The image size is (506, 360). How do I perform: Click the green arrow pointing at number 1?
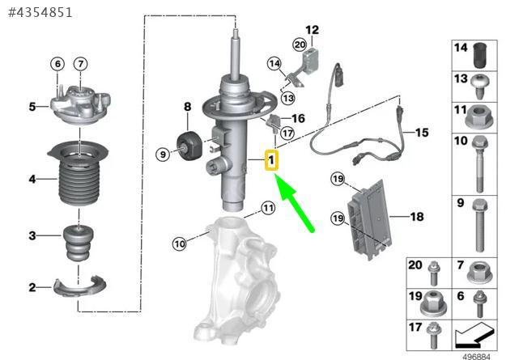click(294, 202)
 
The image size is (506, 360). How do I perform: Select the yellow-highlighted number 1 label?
click(271, 159)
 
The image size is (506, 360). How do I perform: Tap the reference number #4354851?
click(40, 13)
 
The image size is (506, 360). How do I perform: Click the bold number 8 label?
click(188, 107)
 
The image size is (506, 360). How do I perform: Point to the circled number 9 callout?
click(163, 155)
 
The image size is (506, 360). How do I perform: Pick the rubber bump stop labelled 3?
click(79, 244)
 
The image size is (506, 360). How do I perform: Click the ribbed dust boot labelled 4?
click(78, 173)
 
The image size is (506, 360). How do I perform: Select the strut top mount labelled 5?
click(80, 105)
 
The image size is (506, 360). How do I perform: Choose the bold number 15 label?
click(422, 132)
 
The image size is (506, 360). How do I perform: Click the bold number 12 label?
click(312, 30)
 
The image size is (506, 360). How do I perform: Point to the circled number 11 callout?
click(268, 208)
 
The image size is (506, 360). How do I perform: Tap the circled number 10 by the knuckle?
click(180, 244)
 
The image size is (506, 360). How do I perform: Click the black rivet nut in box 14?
click(480, 55)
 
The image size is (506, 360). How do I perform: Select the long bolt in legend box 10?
click(480, 164)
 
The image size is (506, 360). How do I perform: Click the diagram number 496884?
click(476, 357)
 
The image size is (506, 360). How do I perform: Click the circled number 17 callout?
click(287, 133)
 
